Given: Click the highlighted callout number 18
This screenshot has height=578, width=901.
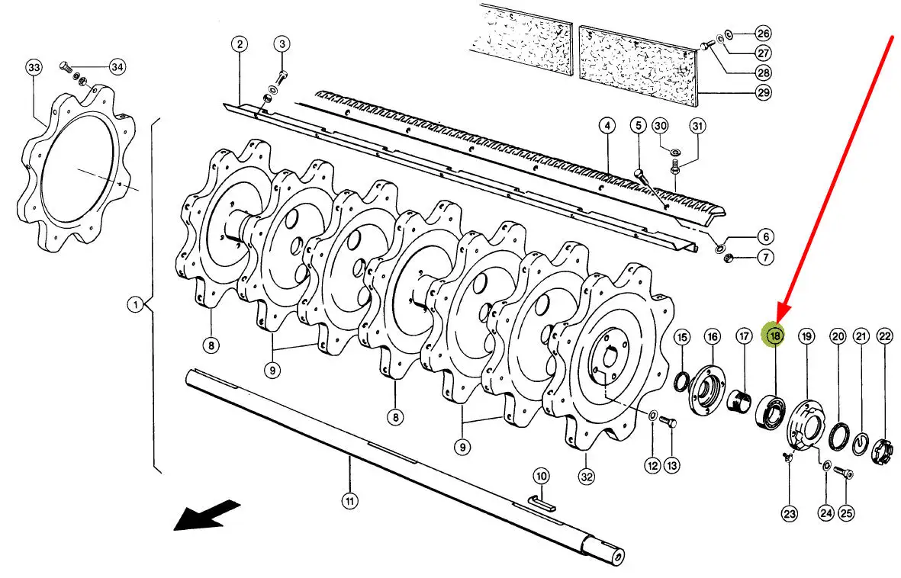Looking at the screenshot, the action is [774, 336].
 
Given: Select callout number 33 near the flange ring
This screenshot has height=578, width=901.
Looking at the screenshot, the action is [34, 67].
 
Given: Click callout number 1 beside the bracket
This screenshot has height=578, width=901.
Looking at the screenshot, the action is [136, 304].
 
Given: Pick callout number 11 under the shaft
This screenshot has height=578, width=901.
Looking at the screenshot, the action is [349, 501].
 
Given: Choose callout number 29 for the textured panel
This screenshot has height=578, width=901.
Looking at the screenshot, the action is [762, 92].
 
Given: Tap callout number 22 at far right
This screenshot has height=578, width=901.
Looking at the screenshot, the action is [885, 337].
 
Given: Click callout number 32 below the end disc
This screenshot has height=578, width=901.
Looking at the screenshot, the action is [586, 477].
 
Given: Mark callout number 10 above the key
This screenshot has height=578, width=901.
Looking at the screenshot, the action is [542, 476].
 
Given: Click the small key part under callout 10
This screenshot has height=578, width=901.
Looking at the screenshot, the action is [542, 504].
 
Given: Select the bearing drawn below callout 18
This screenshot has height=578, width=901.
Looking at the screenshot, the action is [770, 409].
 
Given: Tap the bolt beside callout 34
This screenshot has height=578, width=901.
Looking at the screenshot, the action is [66, 69].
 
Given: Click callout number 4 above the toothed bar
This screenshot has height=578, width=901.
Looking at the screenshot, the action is [607, 125].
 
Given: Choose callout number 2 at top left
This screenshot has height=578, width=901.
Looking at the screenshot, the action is [240, 44].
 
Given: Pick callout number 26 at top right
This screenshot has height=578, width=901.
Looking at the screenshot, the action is [762, 33].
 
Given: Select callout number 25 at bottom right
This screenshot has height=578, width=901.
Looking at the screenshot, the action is [846, 512].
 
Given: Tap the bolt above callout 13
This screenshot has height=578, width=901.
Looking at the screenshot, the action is [668, 422].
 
